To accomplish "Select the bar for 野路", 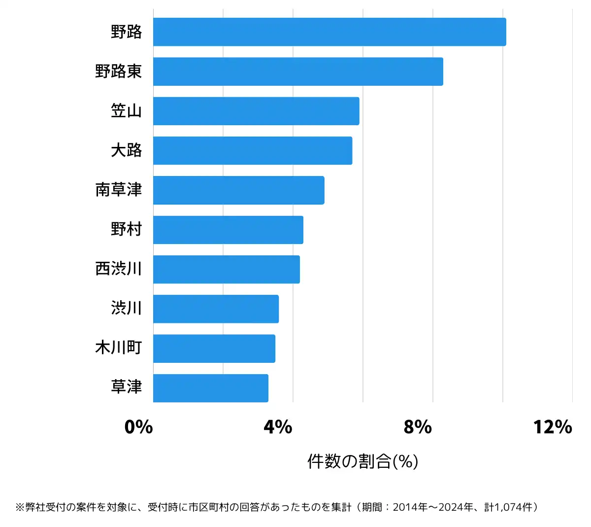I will [x=329, y=32].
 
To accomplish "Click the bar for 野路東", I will [x=298, y=71].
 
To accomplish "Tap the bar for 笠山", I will [x=256, y=111].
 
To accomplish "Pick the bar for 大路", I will [x=253, y=150].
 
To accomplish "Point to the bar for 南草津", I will [x=238, y=190].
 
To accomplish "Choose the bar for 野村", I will [x=228, y=230].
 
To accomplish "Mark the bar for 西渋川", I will [x=227, y=269].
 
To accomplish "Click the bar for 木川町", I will [x=214, y=349].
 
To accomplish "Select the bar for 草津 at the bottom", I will [x=211, y=388].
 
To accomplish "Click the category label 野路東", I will [x=119, y=71].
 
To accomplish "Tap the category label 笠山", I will [x=127, y=111].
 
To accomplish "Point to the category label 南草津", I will [x=119, y=190].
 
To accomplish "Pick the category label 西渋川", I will [x=119, y=269].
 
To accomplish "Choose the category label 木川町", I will [x=119, y=348].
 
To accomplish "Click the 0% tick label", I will [x=139, y=427].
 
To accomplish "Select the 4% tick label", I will [x=278, y=427].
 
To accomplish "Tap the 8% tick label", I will [x=418, y=427].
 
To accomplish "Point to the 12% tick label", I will [x=553, y=427].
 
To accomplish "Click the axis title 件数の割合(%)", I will [x=363, y=461].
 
